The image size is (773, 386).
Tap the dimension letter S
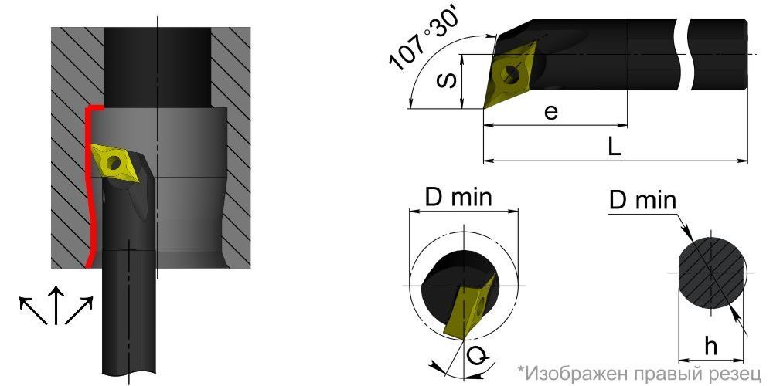click(x=448, y=80)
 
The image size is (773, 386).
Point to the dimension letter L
click(x=614, y=147)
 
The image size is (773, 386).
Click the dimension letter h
click(x=710, y=347)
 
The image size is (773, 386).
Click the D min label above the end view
click(x=458, y=198)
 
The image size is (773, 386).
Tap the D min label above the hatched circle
click(x=643, y=201)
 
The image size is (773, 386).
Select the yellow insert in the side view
click(x=511, y=75)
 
